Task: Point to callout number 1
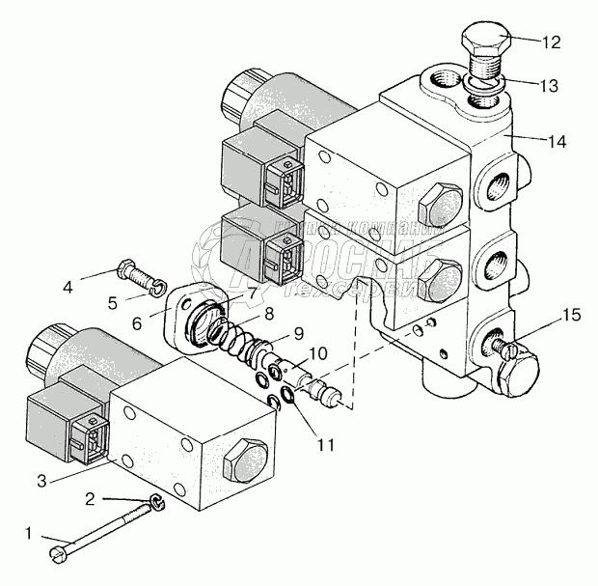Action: click(29, 531)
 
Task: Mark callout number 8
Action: click(269, 313)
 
